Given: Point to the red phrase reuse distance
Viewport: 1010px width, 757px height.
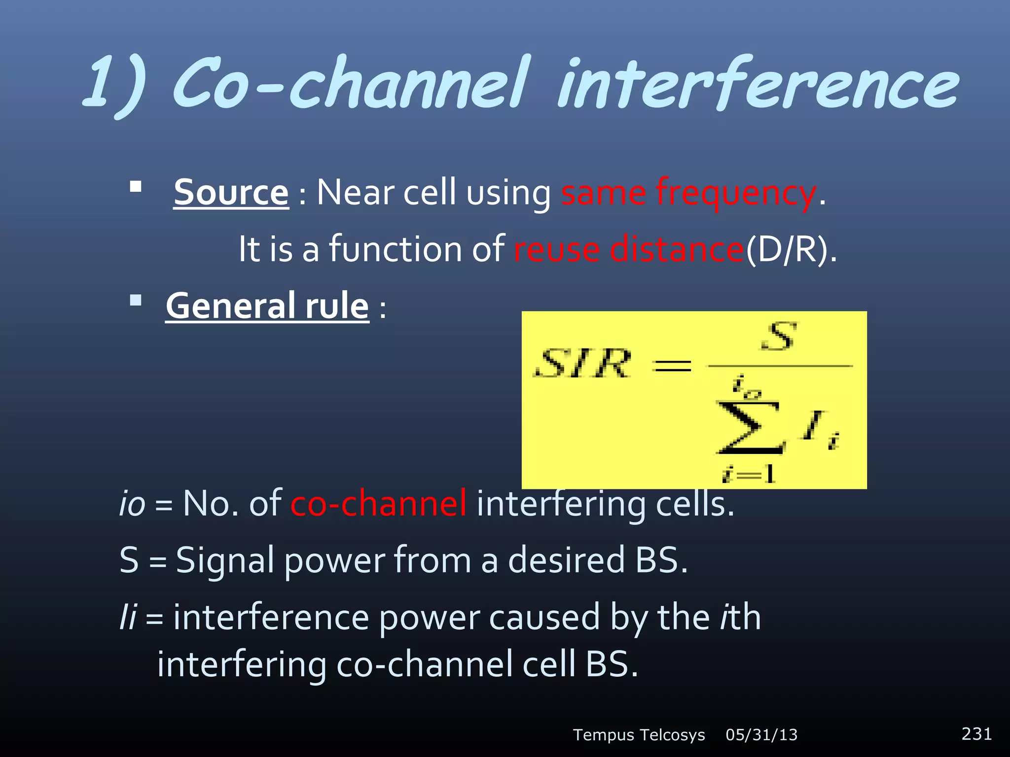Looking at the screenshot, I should point(628,249).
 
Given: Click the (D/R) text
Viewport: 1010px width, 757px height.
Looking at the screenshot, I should point(790,249).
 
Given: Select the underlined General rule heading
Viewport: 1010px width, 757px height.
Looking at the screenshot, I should point(267,306).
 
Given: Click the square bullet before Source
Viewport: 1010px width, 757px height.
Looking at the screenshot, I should point(136,187).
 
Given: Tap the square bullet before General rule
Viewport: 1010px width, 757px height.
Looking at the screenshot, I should point(136,300).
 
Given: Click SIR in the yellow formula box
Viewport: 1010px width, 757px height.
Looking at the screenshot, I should point(583,364).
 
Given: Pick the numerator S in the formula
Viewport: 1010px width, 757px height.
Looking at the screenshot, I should point(778,337).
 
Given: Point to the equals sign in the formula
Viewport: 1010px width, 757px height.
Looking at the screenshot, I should point(672,365).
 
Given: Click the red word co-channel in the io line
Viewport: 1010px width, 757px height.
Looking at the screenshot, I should point(378,504).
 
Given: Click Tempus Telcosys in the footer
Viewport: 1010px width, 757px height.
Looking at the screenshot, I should point(639,735).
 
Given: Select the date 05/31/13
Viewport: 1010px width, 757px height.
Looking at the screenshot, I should point(761,735).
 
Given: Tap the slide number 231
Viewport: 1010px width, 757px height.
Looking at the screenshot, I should point(976,734).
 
